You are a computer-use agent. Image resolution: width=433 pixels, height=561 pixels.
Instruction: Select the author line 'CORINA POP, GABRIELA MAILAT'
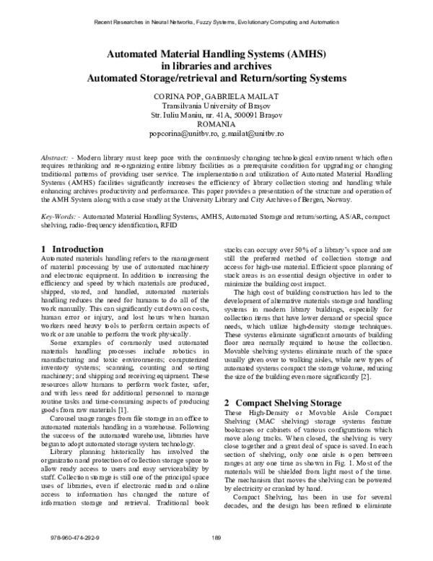click(216, 96)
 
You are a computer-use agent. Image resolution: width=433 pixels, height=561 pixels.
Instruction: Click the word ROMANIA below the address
click(216, 124)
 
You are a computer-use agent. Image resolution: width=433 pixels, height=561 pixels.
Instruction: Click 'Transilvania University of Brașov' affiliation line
click(216, 106)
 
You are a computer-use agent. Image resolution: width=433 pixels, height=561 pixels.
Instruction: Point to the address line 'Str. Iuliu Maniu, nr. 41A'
click(192, 115)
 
